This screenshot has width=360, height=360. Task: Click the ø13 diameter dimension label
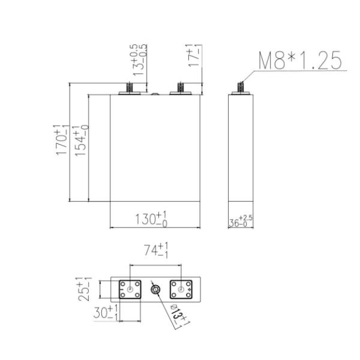(x=178, y=315)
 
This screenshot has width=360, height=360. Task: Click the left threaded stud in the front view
(x=128, y=89)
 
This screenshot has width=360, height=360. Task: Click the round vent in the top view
(x=155, y=290)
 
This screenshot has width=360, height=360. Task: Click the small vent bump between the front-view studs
(x=155, y=94)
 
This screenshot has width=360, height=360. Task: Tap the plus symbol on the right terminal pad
(x=190, y=290)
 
